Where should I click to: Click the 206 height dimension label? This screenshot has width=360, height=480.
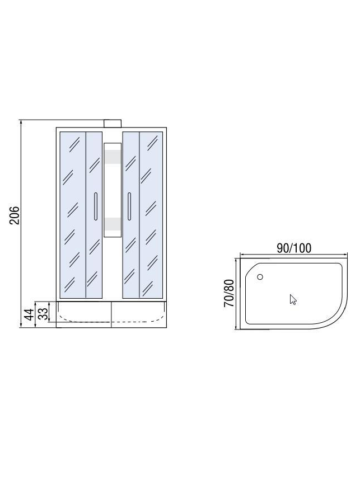[15, 215]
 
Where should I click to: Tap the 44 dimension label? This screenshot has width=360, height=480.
[30, 314]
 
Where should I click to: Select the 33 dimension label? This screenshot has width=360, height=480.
[44, 314]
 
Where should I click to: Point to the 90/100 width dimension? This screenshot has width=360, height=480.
[294, 248]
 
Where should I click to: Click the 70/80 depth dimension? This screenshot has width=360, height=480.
[229, 293]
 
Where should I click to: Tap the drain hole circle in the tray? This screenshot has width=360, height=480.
[260, 277]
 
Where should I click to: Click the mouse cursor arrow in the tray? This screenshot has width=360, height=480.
[293, 300]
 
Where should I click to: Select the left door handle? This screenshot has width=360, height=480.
[96, 206]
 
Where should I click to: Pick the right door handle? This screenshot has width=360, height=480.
[129, 206]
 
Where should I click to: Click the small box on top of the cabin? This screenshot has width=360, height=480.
[113, 124]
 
